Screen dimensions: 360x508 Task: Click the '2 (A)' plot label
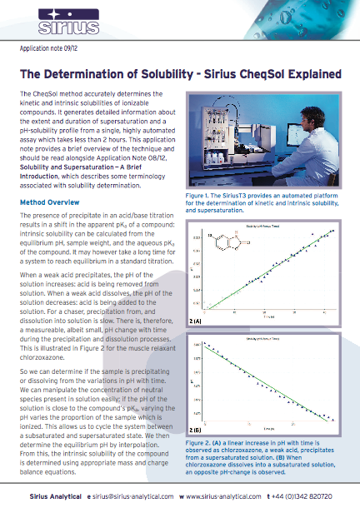(x=196, y=319)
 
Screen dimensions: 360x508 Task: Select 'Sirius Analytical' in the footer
(x=48, y=496)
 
